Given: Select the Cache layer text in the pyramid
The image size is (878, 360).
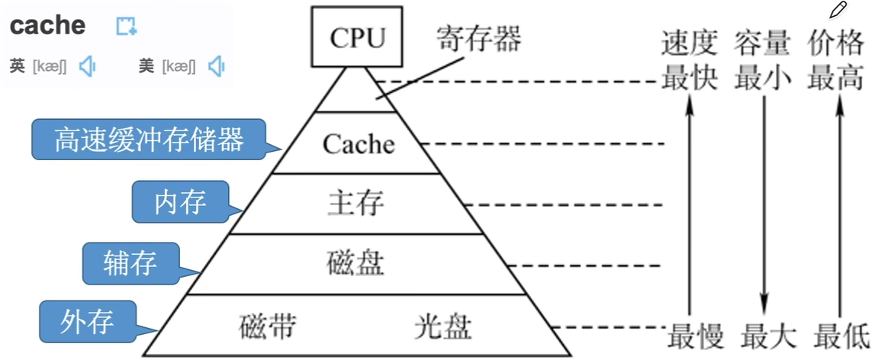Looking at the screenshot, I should coord(359,144).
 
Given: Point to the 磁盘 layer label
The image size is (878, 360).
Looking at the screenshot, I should coord(355,264).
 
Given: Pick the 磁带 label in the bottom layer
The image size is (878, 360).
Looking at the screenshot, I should coord(267,326).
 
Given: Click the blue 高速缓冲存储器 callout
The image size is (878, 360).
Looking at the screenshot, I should coord(150,140).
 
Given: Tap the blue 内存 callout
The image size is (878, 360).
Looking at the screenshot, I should coord(180,201).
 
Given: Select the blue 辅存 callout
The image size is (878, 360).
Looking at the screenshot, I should coord(130,263).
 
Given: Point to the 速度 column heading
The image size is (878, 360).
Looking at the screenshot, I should coord(689,44).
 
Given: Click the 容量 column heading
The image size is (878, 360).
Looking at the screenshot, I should coord(762,44).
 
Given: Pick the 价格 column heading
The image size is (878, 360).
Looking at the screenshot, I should coord(836,44).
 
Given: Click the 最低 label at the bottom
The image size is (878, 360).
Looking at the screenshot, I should coord(841,336).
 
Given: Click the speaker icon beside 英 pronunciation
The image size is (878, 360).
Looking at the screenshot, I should coord(87,66).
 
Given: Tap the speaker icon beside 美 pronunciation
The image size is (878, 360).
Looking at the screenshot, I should coord(217,66).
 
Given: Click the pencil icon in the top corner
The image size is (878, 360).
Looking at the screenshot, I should coord(838,10).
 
